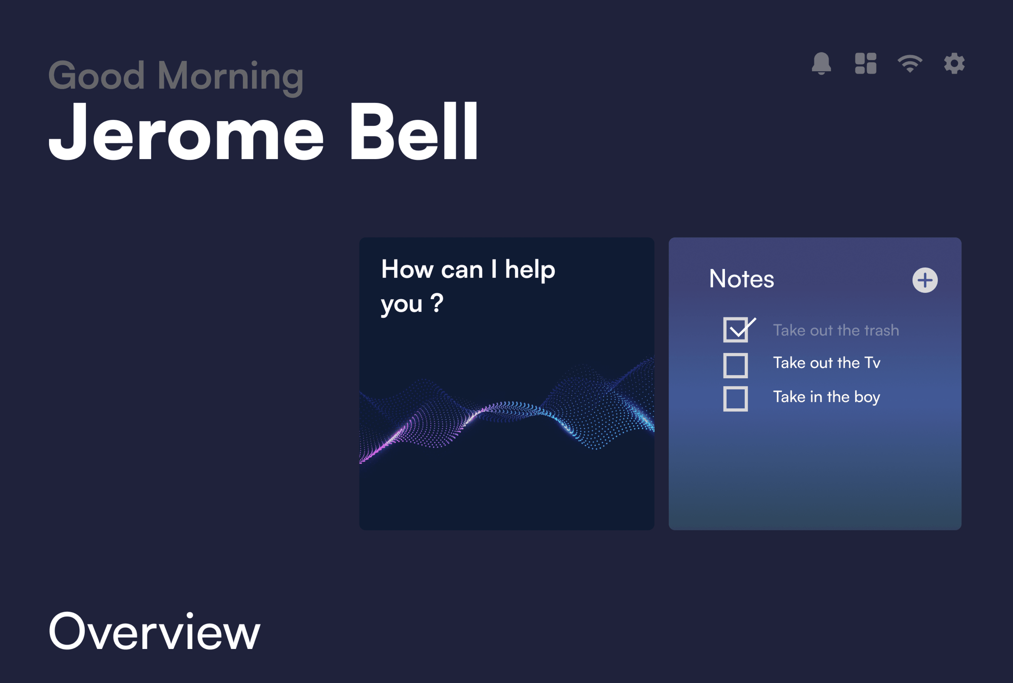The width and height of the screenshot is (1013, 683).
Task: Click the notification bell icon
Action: [821, 64]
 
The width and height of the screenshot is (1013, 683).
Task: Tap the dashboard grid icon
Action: [865, 64]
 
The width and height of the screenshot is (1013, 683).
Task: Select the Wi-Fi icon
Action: [910, 64]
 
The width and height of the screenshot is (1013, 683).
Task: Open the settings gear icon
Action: [954, 64]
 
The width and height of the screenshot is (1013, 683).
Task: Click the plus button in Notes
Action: [925, 280]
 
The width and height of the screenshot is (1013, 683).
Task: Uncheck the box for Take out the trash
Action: [736, 330]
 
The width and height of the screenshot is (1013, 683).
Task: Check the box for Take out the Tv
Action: [736, 365]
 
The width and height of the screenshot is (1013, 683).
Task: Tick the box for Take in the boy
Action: [736, 399]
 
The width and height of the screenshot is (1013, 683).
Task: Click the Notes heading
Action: [742, 279]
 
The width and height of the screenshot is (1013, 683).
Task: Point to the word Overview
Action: [154, 631]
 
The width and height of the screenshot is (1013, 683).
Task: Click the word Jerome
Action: [186, 131]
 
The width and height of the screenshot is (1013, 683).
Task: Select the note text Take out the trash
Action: [836, 330]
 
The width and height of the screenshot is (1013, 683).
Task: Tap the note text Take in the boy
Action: [827, 397]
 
